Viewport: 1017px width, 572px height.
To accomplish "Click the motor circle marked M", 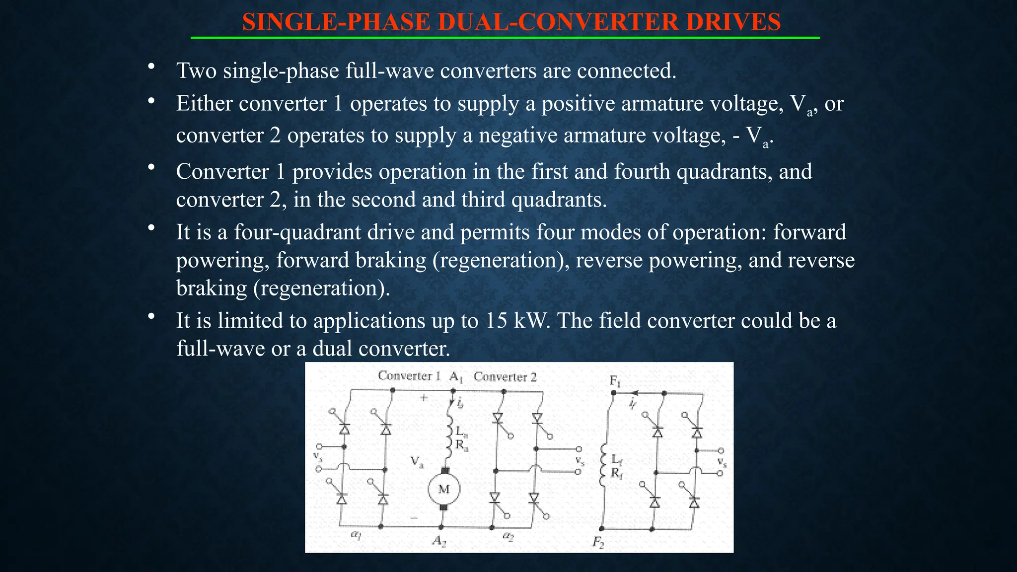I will point(444,490).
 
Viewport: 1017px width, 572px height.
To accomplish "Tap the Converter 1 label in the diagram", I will point(409,376).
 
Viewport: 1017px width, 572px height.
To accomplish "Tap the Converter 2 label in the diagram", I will point(505,377).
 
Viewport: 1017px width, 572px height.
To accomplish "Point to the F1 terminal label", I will point(615,381).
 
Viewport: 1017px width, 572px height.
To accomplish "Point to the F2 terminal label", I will point(598,542).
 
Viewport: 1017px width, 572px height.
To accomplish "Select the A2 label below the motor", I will point(439,540).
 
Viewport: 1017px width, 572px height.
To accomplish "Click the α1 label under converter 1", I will point(356,535).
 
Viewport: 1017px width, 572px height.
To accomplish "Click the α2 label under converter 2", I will point(508,536).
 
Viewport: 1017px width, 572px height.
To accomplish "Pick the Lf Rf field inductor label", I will point(616,466).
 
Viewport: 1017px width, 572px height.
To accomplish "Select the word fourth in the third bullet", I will point(642,172).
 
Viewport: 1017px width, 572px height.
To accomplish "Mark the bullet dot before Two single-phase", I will point(151,66).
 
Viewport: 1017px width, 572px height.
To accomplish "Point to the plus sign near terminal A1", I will point(424,398).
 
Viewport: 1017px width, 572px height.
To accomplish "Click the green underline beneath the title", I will point(505,38).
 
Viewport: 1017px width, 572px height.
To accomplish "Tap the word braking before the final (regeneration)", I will point(212,288).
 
